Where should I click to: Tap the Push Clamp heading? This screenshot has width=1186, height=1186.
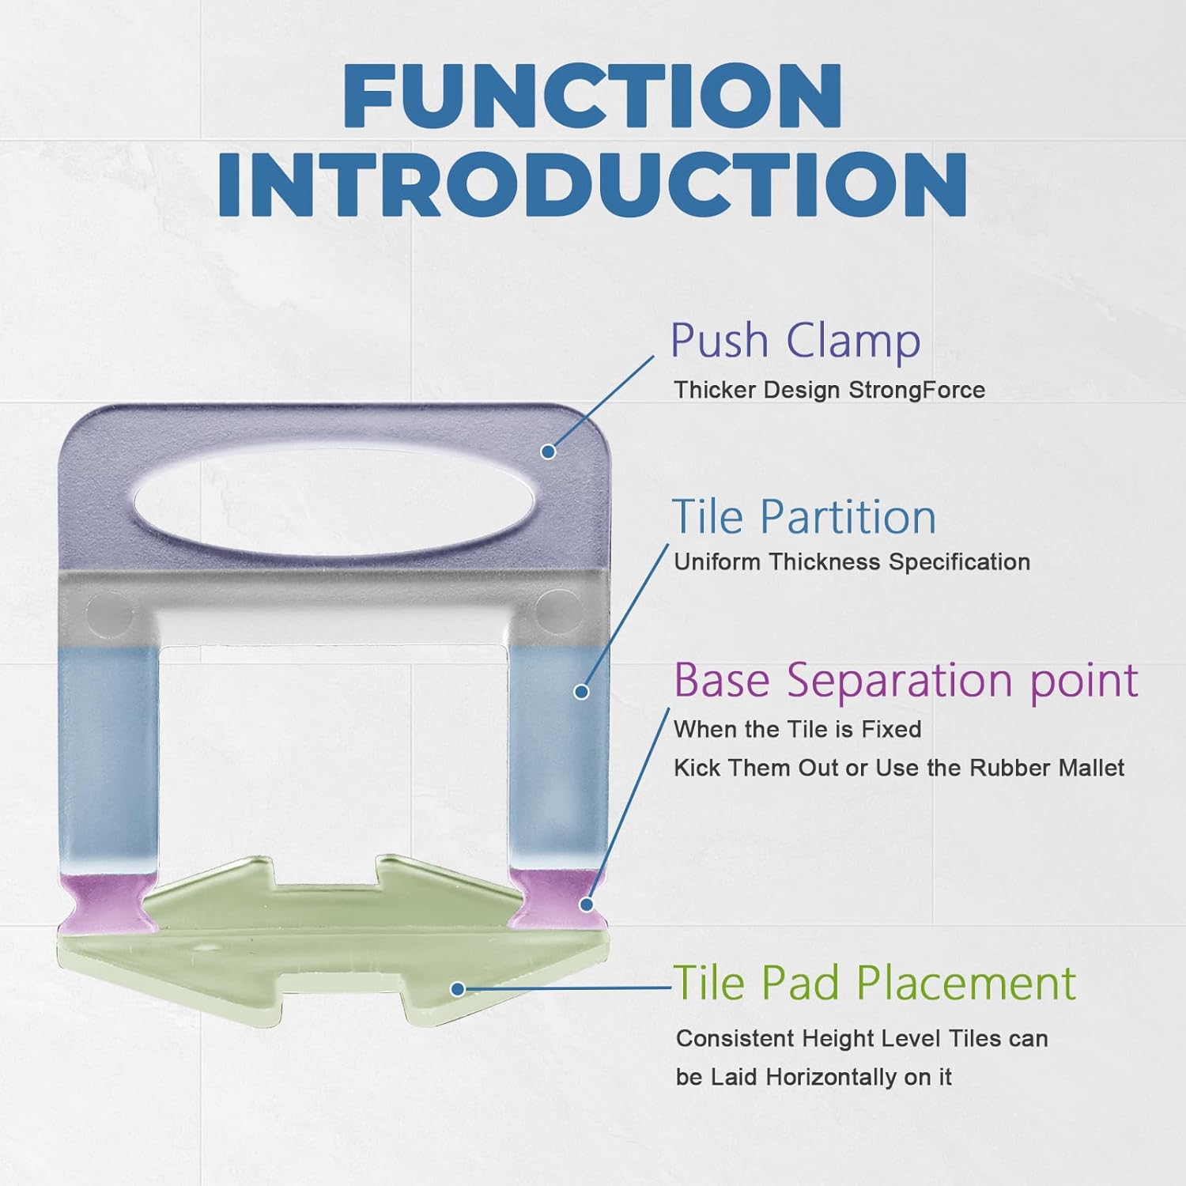pyautogui.click(x=795, y=342)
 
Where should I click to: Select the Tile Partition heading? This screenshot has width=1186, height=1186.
pyautogui.click(x=804, y=517)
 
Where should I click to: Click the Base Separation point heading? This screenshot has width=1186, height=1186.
pyautogui.click(x=906, y=681)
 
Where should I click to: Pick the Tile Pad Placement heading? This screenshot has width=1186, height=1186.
pyautogui.click(x=874, y=983)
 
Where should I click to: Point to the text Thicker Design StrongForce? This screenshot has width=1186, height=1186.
pyautogui.click(x=829, y=390)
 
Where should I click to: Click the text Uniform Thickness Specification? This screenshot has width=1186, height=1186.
pyautogui.click(x=852, y=562)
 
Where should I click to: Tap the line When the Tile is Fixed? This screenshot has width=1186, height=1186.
pyautogui.click(x=797, y=729)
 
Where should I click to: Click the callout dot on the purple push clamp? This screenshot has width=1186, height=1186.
pyautogui.click(x=548, y=451)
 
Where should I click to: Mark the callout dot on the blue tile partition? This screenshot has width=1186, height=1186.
pyautogui.click(x=581, y=692)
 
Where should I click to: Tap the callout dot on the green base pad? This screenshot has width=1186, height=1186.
pyautogui.click(x=457, y=988)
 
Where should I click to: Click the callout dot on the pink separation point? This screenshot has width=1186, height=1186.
pyautogui.click(x=587, y=904)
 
